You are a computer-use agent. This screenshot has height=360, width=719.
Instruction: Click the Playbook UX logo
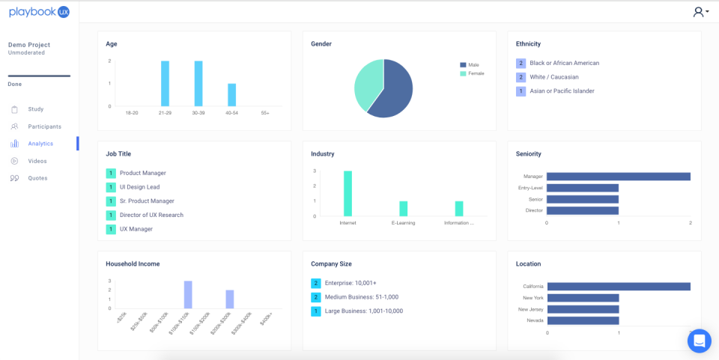pos(39,11)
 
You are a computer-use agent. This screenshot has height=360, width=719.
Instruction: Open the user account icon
pos(700,12)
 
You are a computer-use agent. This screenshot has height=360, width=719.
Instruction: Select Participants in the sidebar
pos(44,126)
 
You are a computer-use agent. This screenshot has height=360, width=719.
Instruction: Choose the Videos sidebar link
pos(37,161)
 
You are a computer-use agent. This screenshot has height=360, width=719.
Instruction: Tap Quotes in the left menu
pos(37,178)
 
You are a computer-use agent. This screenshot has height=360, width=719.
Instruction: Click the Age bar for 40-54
pos(232,95)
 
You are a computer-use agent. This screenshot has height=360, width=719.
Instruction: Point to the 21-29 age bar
pos(165,84)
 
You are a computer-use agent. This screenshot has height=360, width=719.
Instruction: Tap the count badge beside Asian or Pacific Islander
pos(521,91)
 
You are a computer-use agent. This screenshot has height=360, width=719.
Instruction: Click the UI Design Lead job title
pos(139,187)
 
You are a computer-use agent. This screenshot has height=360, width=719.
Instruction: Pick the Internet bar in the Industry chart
pos(348,194)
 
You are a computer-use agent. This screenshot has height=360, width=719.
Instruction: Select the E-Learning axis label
pos(403,223)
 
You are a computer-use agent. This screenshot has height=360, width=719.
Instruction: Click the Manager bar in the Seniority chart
pos(618,177)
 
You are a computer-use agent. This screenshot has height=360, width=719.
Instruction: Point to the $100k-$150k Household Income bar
pos(188,295)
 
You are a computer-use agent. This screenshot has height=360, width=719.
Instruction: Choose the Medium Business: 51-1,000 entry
pos(361,297)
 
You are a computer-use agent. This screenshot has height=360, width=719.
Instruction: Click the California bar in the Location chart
pos(618,287)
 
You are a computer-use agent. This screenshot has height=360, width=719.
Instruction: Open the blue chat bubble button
pos(699,341)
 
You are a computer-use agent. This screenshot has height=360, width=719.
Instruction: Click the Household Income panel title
pos(133,264)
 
